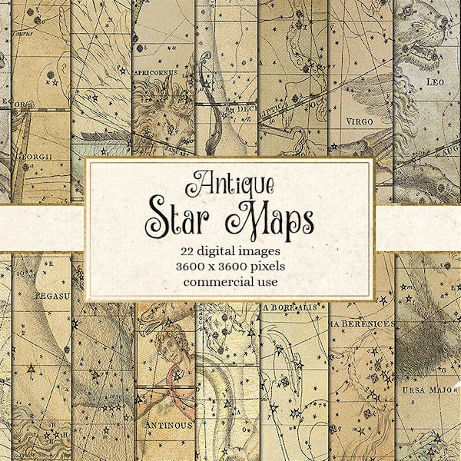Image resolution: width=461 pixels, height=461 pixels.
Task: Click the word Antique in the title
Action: [230, 184]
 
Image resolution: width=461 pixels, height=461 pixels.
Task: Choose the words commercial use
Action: [230, 280]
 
